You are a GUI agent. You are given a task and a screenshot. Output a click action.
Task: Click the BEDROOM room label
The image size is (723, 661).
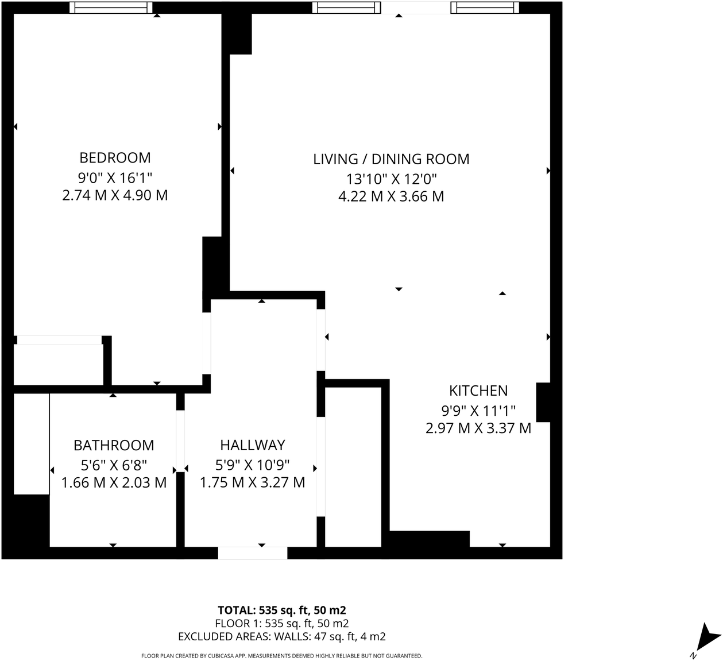pyautogui.click(x=115, y=158)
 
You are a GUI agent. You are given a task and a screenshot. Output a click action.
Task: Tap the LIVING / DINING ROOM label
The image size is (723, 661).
pyautogui.click(x=391, y=159)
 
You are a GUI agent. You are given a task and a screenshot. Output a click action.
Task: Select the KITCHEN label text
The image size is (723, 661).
pyautogui.click(x=478, y=391)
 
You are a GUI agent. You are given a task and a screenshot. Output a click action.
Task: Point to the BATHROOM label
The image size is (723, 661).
pyautogui.click(x=114, y=446)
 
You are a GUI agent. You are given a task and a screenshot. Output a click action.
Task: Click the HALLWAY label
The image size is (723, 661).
pyautogui.click(x=252, y=445)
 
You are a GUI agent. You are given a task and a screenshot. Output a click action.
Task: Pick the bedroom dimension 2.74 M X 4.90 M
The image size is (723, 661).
pyautogui.click(x=115, y=195)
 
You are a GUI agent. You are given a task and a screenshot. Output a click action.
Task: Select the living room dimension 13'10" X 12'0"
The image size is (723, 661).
pyautogui.click(x=391, y=178)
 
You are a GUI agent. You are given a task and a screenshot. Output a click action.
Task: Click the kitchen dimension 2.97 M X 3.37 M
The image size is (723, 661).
pyautogui.click(x=478, y=428)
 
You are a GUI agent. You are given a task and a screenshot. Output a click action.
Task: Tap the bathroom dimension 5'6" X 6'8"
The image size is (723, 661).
pyautogui.click(x=114, y=464)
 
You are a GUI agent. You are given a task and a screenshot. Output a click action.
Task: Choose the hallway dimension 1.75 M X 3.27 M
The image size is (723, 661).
pyautogui.click(x=252, y=482)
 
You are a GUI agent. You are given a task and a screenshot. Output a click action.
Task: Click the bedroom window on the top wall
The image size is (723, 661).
pyautogui.click(x=111, y=7)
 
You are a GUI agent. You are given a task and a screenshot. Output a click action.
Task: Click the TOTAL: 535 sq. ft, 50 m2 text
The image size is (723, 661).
pyautogui.click(x=281, y=610)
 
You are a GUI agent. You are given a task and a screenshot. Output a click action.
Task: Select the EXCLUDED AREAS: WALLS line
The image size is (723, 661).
pyautogui.click(x=281, y=636)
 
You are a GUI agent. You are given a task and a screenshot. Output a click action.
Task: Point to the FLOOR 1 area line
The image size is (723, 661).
pyautogui.click(x=281, y=623)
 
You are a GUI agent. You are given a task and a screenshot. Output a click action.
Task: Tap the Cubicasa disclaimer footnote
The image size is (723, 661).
pyautogui.click(x=281, y=656)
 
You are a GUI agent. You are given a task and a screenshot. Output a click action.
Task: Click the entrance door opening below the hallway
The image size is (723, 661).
pyautogui.click(x=252, y=553)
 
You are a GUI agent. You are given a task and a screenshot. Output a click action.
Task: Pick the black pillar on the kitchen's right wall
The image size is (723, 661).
pyautogui.click(x=543, y=402)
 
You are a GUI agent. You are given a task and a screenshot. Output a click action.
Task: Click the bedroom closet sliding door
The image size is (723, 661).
pyautogui.click(x=59, y=340)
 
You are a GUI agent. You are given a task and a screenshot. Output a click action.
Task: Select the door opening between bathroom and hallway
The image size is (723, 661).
pyautogui.click(x=180, y=441)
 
